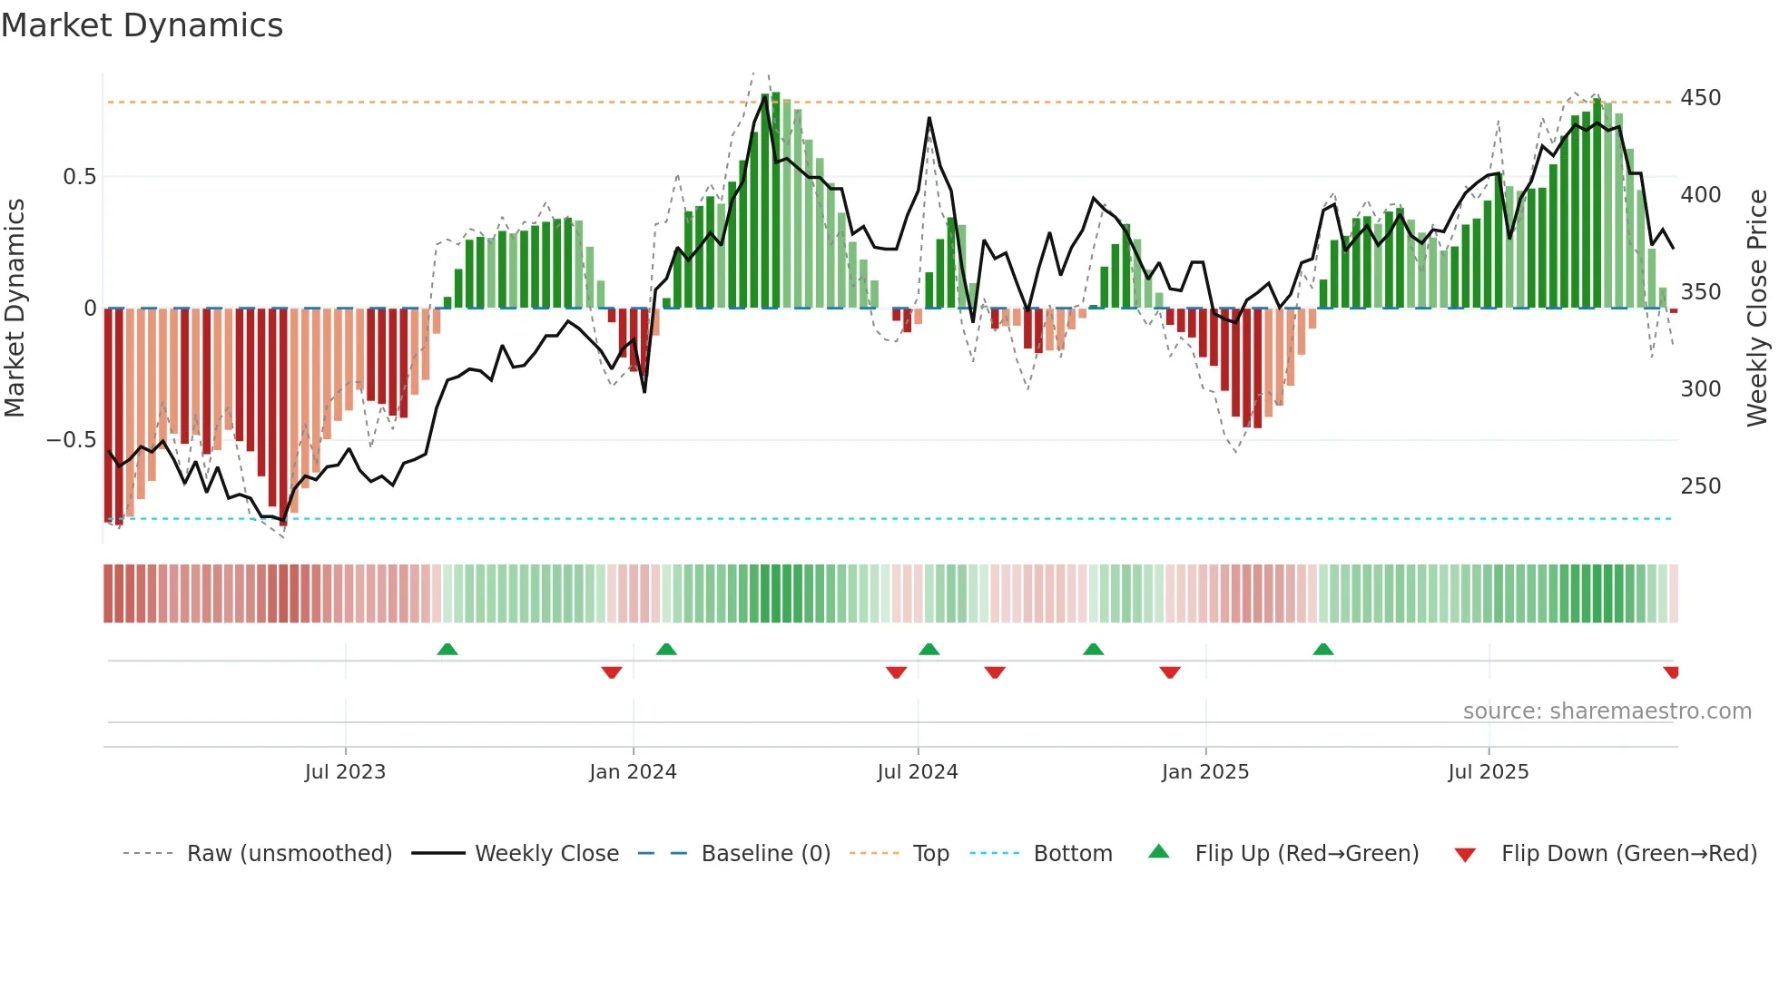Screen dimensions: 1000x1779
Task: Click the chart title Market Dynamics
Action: pos(142,25)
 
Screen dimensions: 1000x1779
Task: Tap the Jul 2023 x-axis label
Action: pos(345,772)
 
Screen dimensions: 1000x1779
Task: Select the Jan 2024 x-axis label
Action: pos(633,772)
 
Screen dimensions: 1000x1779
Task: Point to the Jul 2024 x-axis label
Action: pos(917,772)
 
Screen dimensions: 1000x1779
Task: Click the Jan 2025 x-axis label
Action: pos(1204,772)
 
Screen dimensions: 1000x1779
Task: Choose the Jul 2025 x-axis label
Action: pos(1488,772)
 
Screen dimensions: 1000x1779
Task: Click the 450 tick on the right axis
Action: pos(1700,98)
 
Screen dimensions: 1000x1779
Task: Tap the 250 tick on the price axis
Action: pos(1700,486)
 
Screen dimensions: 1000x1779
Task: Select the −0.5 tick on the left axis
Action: pos(71,440)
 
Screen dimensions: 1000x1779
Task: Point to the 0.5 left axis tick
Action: pos(79,177)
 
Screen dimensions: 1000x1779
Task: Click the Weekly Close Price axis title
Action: pos(1757,309)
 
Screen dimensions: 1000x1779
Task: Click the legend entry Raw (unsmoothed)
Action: pos(289,854)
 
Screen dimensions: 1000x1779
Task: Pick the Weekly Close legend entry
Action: pos(546,854)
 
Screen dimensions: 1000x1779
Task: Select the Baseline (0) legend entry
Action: pos(765,854)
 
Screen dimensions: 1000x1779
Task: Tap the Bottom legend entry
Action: pos(1072,854)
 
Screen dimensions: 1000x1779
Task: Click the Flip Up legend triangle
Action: pos(1158,852)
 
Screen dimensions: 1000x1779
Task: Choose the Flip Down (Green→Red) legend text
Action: pos(1628,854)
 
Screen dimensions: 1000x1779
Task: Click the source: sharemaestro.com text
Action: pos(1607,711)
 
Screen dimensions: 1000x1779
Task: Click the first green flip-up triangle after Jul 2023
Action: pos(447,650)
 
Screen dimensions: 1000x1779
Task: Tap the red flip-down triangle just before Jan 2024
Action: pos(611,672)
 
